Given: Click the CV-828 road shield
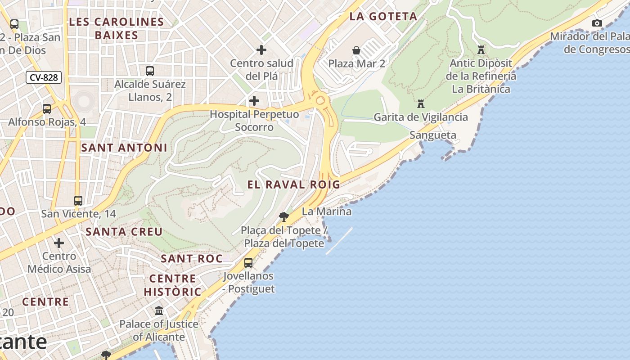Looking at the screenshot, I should click(x=44, y=77).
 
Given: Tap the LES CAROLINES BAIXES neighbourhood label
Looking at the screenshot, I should click(x=117, y=28).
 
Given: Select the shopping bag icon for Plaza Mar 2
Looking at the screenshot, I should click(x=356, y=50).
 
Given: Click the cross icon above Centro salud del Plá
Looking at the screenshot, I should click(x=261, y=50).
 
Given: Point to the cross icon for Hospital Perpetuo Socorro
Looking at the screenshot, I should click(x=254, y=101).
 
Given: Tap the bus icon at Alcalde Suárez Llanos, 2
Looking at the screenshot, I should click(x=150, y=71).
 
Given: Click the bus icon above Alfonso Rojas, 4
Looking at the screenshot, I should click(x=47, y=108).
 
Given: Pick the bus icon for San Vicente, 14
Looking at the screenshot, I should click(x=78, y=200).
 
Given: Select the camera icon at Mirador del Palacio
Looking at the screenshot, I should click(x=597, y=23).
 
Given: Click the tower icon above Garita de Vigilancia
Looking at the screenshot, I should click(x=421, y=104).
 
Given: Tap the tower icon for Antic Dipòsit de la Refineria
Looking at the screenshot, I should click(x=481, y=49).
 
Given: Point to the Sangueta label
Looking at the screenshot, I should click(x=433, y=135).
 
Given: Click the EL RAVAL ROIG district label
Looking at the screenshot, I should click(x=294, y=184).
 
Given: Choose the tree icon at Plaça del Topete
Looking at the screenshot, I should click(x=283, y=217).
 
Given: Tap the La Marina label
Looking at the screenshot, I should click(x=327, y=211).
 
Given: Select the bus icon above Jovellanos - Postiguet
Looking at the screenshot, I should click(x=248, y=262).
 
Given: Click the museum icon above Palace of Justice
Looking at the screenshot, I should click(x=159, y=310).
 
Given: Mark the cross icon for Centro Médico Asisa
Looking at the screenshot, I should click(x=59, y=243).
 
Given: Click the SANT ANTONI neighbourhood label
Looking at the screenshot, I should click(x=124, y=148).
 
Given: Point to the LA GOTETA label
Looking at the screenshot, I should click(x=383, y=17).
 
